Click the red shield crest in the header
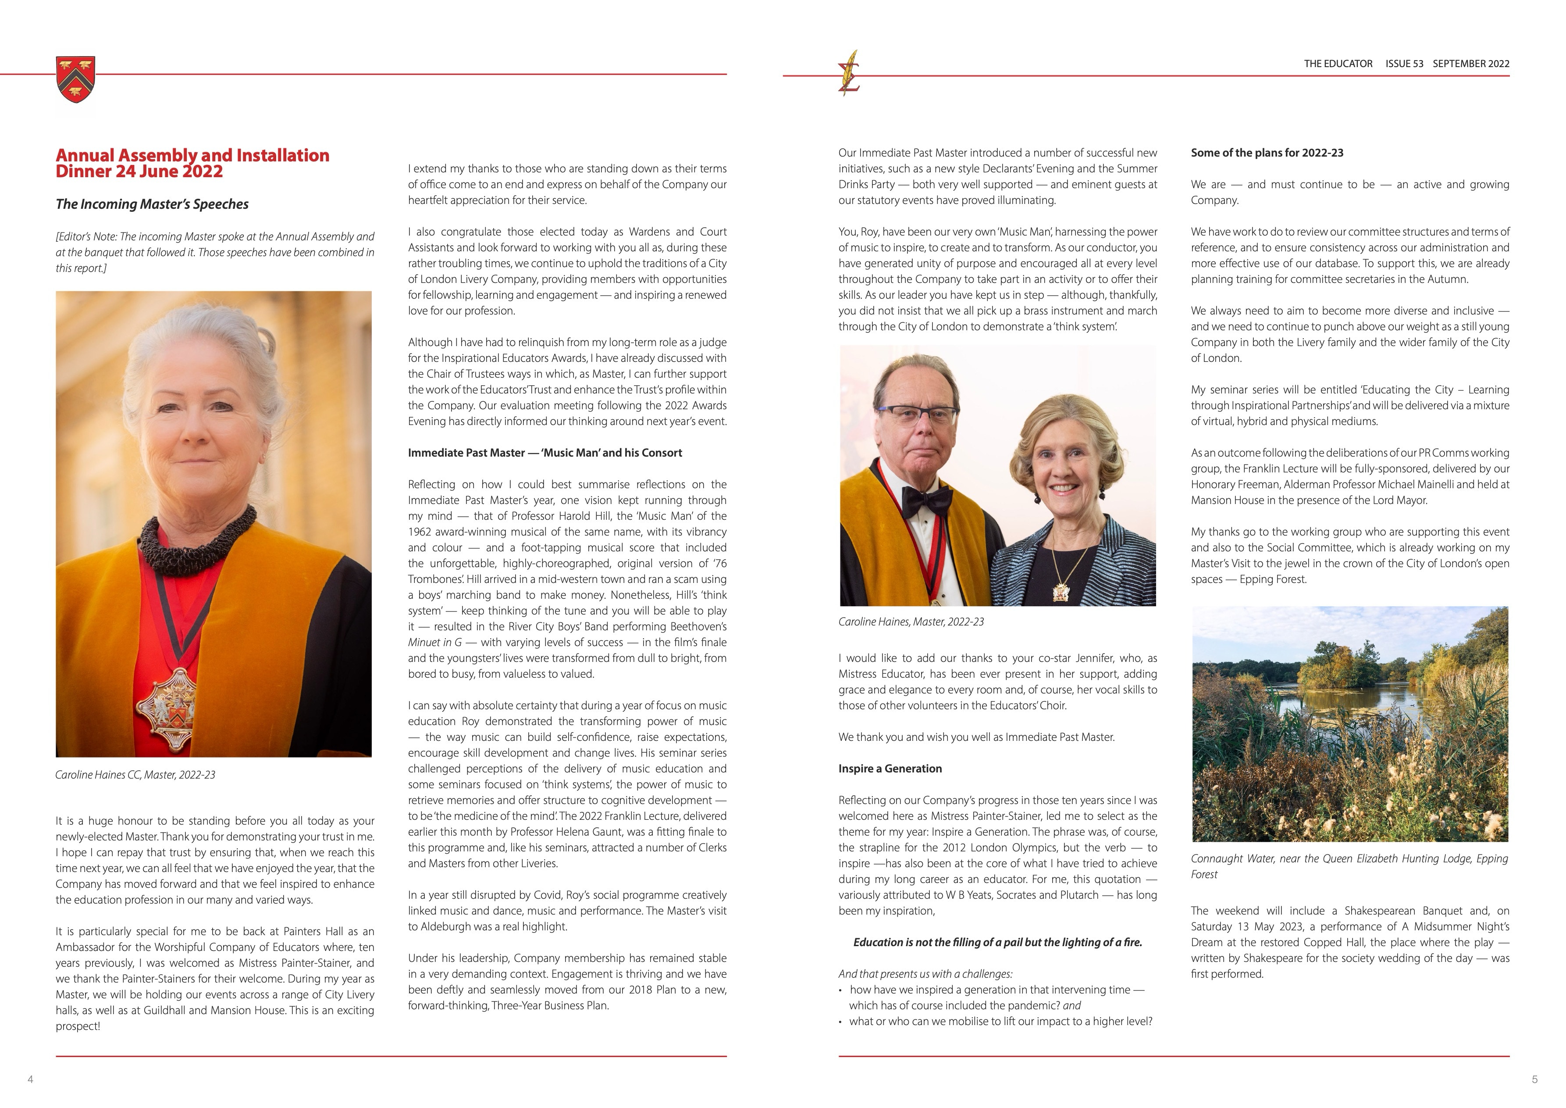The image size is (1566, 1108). tap(76, 79)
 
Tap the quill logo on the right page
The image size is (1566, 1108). tap(849, 73)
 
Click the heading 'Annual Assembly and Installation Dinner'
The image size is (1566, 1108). tap(192, 163)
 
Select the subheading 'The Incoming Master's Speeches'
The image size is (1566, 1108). tap(152, 204)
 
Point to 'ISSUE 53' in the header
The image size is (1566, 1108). tap(1404, 64)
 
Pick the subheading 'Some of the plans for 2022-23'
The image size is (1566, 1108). tap(1267, 153)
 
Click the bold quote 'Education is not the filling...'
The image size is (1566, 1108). tap(997, 942)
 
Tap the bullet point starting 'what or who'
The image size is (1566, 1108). tap(1000, 1021)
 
